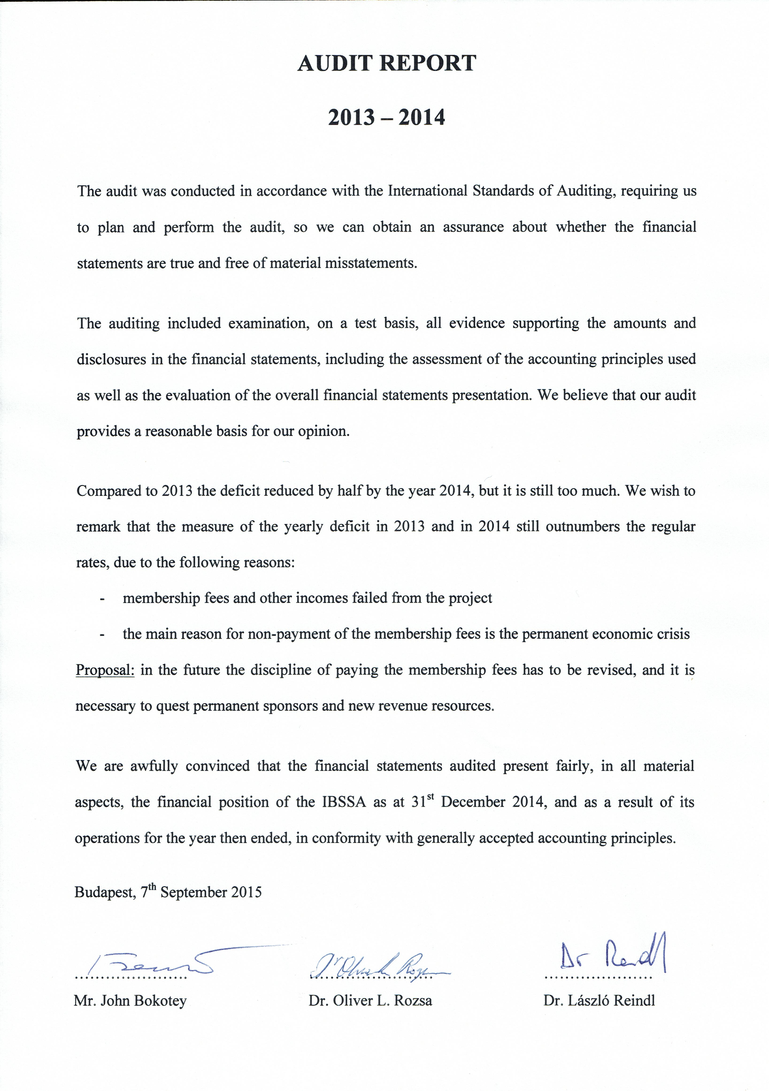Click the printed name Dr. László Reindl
click(x=599, y=1001)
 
